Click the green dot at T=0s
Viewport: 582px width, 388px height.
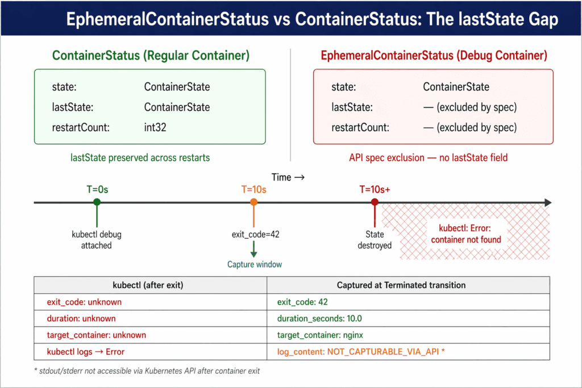click(x=97, y=202)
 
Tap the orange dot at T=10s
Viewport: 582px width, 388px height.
click(x=254, y=202)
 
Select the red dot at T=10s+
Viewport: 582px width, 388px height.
click(x=375, y=202)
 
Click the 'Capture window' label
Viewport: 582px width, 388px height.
click(x=255, y=265)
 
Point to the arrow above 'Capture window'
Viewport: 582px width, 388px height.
click(x=254, y=249)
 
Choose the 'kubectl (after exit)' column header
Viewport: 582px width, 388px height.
click(x=148, y=285)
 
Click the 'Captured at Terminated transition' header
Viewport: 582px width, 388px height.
click(x=401, y=285)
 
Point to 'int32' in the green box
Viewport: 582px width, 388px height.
click(x=155, y=128)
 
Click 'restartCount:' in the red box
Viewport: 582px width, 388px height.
click(x=360, y=128)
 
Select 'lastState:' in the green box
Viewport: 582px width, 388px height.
click(x=73, y=107)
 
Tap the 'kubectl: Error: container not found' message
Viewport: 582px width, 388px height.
click(x=466, y=234)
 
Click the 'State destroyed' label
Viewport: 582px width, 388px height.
click(x=375, y=240)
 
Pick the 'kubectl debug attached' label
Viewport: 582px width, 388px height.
click(x=97, y=240)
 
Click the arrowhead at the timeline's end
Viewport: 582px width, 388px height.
click(x=548, y=203)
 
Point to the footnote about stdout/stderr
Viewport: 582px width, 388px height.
click(x=147, y=371)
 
